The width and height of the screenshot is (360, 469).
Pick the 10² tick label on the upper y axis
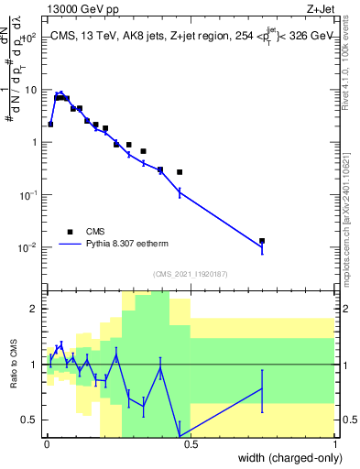[30, 38]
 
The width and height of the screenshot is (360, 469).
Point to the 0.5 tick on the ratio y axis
[32, 420]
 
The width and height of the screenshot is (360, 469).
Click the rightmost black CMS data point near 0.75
[262, 241]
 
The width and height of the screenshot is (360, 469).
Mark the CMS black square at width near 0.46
[180, 172]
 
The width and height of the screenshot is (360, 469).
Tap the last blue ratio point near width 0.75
[262, 388]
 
